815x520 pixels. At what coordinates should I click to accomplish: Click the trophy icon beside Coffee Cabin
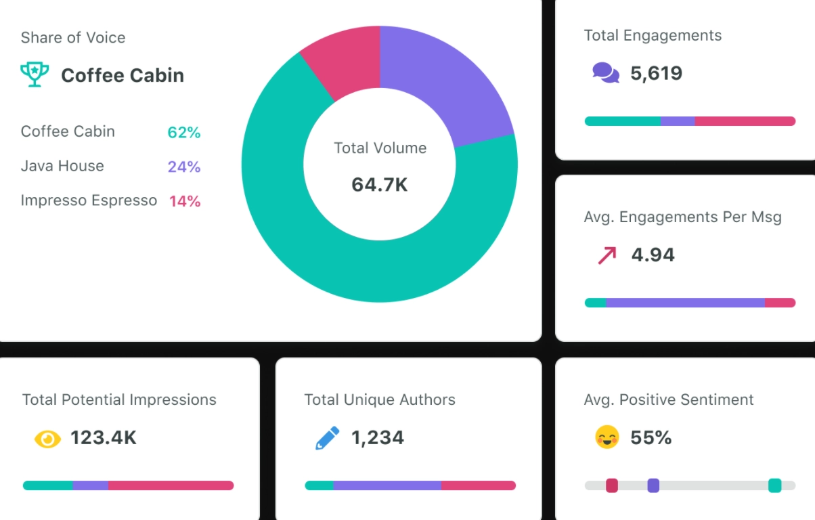click(x=35, y=74)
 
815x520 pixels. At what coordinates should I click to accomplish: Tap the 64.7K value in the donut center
click(x=380, y=184)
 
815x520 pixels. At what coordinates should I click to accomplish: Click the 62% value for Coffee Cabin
click(x=184, y=133)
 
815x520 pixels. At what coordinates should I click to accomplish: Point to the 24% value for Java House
click(x=184, y=167)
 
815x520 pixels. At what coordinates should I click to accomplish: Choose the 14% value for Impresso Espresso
click(x=185, y=201)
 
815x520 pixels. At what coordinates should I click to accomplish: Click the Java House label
click(x=62, y=166)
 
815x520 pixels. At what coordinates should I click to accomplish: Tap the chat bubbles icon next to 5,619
click(x=606, y=72)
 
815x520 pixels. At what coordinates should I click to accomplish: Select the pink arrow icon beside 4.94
click(x=607, y=255)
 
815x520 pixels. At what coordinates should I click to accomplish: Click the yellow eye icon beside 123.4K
click(x=47, y=439)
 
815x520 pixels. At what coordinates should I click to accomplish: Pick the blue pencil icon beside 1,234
click(x=328, y=439)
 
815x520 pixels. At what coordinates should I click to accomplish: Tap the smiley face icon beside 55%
click(x=607, y=437)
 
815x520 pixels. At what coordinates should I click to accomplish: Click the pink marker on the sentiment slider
click(x=612, y=485)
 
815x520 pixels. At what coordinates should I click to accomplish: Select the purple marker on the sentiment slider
click(x=653, y=485)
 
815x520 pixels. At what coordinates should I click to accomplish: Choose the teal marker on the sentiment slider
click(x=775, y=485)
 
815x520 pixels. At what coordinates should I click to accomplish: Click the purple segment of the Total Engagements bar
click(x=678, y=121)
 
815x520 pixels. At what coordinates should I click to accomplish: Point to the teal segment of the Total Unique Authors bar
click(x=319, y=485)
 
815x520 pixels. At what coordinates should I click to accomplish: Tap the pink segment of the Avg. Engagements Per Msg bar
click(x=780, y=303)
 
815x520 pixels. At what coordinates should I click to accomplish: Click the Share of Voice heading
click(x=73, y=37)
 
